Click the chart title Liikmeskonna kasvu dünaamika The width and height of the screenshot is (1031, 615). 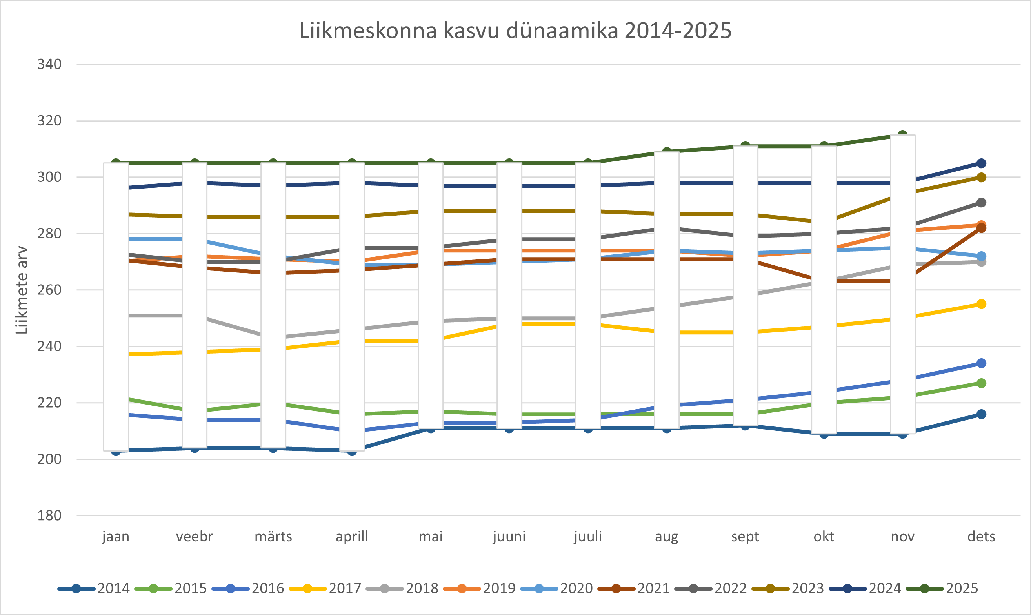click(x=515, y=31)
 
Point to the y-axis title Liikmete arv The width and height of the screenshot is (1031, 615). click(x=22, y=290)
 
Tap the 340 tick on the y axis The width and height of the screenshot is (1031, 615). click(x=49, y=64)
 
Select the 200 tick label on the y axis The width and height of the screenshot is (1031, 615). click(x=49, y=459)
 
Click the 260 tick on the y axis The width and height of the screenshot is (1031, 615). click(x=49, y=290)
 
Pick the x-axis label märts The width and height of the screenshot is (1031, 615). click(x=273, y=537)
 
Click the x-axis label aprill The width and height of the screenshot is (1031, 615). click(x=352, y=537)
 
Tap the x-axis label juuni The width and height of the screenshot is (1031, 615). click(x=509, y=537)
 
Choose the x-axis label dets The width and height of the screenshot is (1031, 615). click(x=981, y=537)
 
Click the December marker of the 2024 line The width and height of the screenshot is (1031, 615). click(x=981, y=163)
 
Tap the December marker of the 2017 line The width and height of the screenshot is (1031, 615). click(x=981, y=304)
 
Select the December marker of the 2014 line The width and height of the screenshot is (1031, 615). click(x=981, y=414)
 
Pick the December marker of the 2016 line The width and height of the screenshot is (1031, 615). click(x=981, y=363)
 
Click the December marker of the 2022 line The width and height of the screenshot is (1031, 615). click(x=981, y=203)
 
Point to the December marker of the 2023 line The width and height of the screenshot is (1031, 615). click(x=981, y=178)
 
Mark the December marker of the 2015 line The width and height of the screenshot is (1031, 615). click(x=981, y=383)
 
